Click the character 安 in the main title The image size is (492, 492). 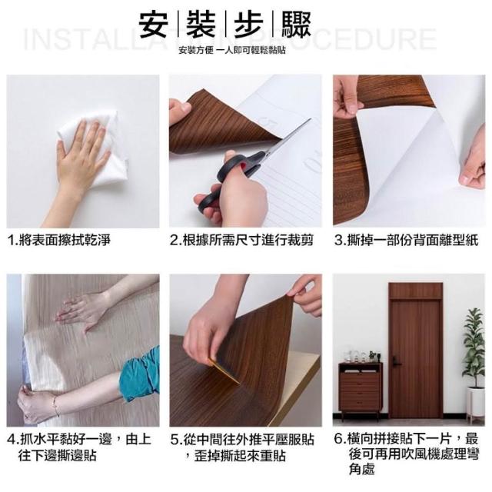pos(153,25)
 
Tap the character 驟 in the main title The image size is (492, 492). pos(296,25)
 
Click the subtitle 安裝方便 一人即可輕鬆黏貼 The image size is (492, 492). pos(232,51)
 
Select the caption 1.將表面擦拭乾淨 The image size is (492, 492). pos(59,241)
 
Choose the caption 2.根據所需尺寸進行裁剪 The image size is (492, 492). pos(241,241)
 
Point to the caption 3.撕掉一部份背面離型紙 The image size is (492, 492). pos(407,241)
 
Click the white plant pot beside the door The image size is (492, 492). pos(475,401)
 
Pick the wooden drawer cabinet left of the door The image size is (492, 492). pos(360,391)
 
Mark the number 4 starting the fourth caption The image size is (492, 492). pos(12,440)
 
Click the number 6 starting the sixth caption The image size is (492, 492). pos(338,439)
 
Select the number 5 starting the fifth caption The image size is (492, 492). pos(175,440)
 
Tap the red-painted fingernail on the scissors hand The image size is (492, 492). pos(242,166)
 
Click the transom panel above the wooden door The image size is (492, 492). pos(416,291)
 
